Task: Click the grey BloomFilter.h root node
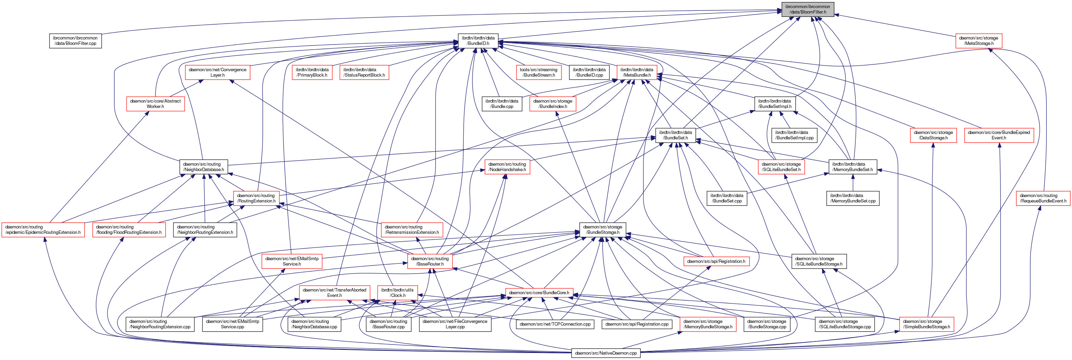coord(807,9)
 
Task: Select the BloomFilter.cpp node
coord(75,41)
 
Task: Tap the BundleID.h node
coord(478,41)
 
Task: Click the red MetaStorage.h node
coord(979,41)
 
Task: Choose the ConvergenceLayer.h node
coord(217,73)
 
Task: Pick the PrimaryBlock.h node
coord(312,73)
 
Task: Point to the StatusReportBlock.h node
coord(364,73)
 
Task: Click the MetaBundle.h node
coord(637,73)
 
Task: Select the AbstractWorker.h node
coord(155,104)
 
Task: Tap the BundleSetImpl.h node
coord(775,104)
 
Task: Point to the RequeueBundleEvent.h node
coord(1043,198)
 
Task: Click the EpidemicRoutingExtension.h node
coord(43,230)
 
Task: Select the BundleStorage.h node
coord(603,230)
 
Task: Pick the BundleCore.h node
coord(539,293)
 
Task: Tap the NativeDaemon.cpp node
coord(606,353)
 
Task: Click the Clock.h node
coord(397,293)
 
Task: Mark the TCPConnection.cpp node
coord(555,324)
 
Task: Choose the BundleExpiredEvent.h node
coord(999,135)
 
